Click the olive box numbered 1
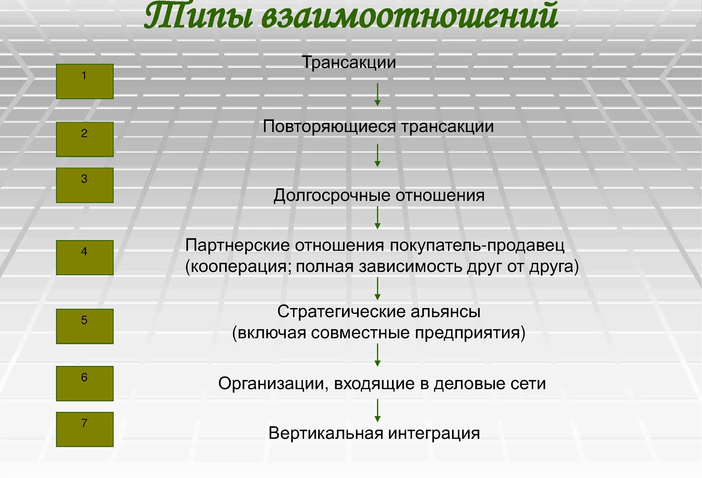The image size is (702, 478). pyautogui.click(x=85, y=81)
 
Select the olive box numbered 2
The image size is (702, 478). pyautogui.click(x=85, y=139)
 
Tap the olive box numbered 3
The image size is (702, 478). pyautogui.click(x=85, y=185)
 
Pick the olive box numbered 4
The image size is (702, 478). pyautogui.click(x=85, y=257)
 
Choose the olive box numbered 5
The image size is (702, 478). pyautogui.click(x=85, y=326)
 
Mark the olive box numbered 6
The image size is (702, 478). pyautogui.click(x=85, y=383)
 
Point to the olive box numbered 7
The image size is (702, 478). pyautogui.click(x=85, y=429)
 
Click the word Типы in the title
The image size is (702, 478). pyautogui.click(x=198, y=16)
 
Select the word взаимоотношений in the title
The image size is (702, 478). pyautogui.click(x=410, y=16)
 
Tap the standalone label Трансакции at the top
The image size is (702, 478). pyautogui.click(x=349, y=62)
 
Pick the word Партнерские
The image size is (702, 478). pyautogui.click(x=237, y=246)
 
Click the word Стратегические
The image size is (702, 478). pyautogui.click(x=341, y=312)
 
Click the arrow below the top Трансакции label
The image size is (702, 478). pyautogui.click(x=377, y=94)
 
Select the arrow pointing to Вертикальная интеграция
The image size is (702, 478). pyautogui.click(x=377, y=410)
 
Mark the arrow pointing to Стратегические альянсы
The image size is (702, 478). pyautogui.click(x=377, y=288)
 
